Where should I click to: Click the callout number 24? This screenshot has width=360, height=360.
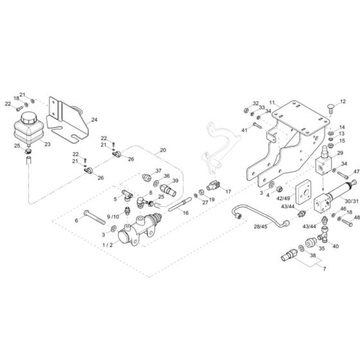(94, 120)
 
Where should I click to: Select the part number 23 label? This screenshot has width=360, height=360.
(46, 145)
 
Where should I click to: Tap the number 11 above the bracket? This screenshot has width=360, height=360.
(272, 103)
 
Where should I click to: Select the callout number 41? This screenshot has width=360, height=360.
(245, 130)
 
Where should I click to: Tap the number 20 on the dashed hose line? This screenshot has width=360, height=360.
(163, 150)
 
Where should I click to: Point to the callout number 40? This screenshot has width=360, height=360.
(336, 246)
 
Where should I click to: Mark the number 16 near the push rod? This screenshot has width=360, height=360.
(186, 212)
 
